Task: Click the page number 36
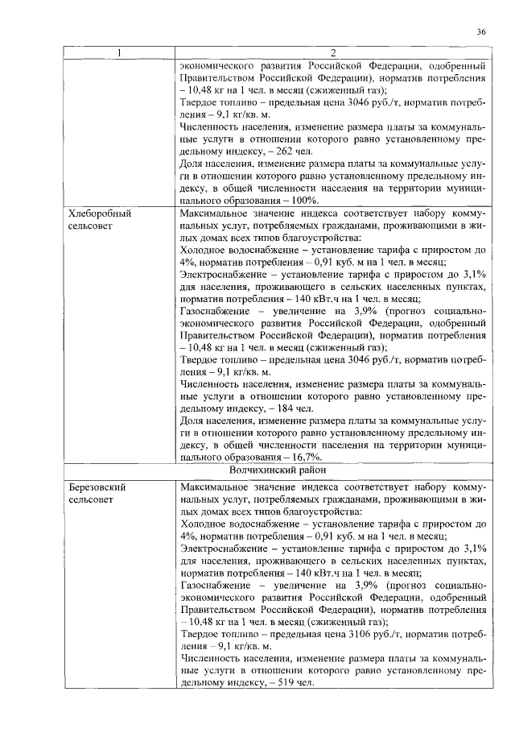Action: [x=480, y=31]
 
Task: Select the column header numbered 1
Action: [x=119, y=53]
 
